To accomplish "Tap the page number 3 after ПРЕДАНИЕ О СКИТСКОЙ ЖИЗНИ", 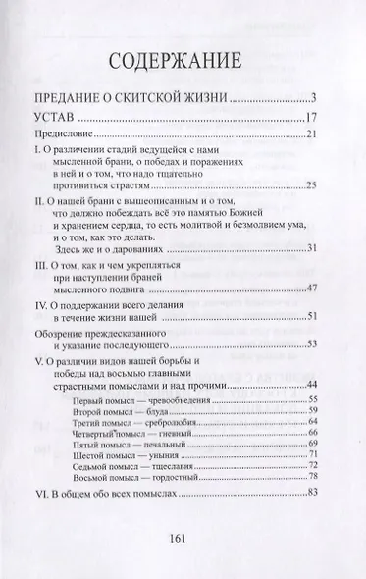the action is click(x=310, y=97).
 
